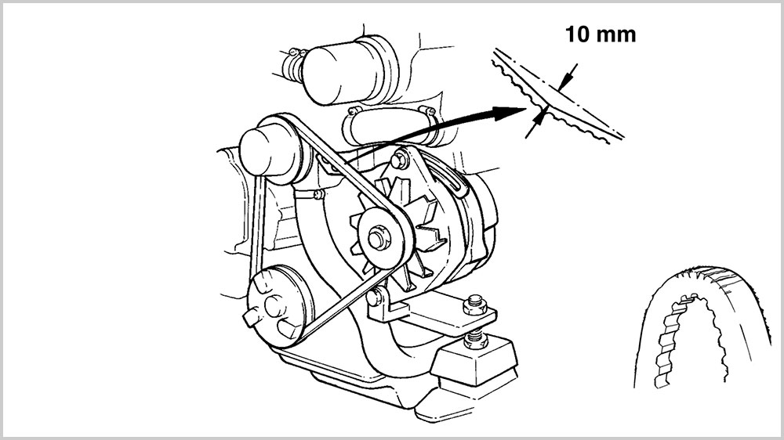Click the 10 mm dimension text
click(x=601, y=34)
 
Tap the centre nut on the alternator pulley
click(x=376, y=238)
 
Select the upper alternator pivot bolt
click(x=399, y=160)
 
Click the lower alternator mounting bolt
click(x=375, y=298)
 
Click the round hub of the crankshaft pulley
click(x=274, y=307)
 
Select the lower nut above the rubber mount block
click(x=476, y=339)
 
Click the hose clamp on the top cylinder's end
click(x=293, y=63)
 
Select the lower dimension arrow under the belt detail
click(x=535, y=124)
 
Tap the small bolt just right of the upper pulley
click(x=318, y=194)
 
